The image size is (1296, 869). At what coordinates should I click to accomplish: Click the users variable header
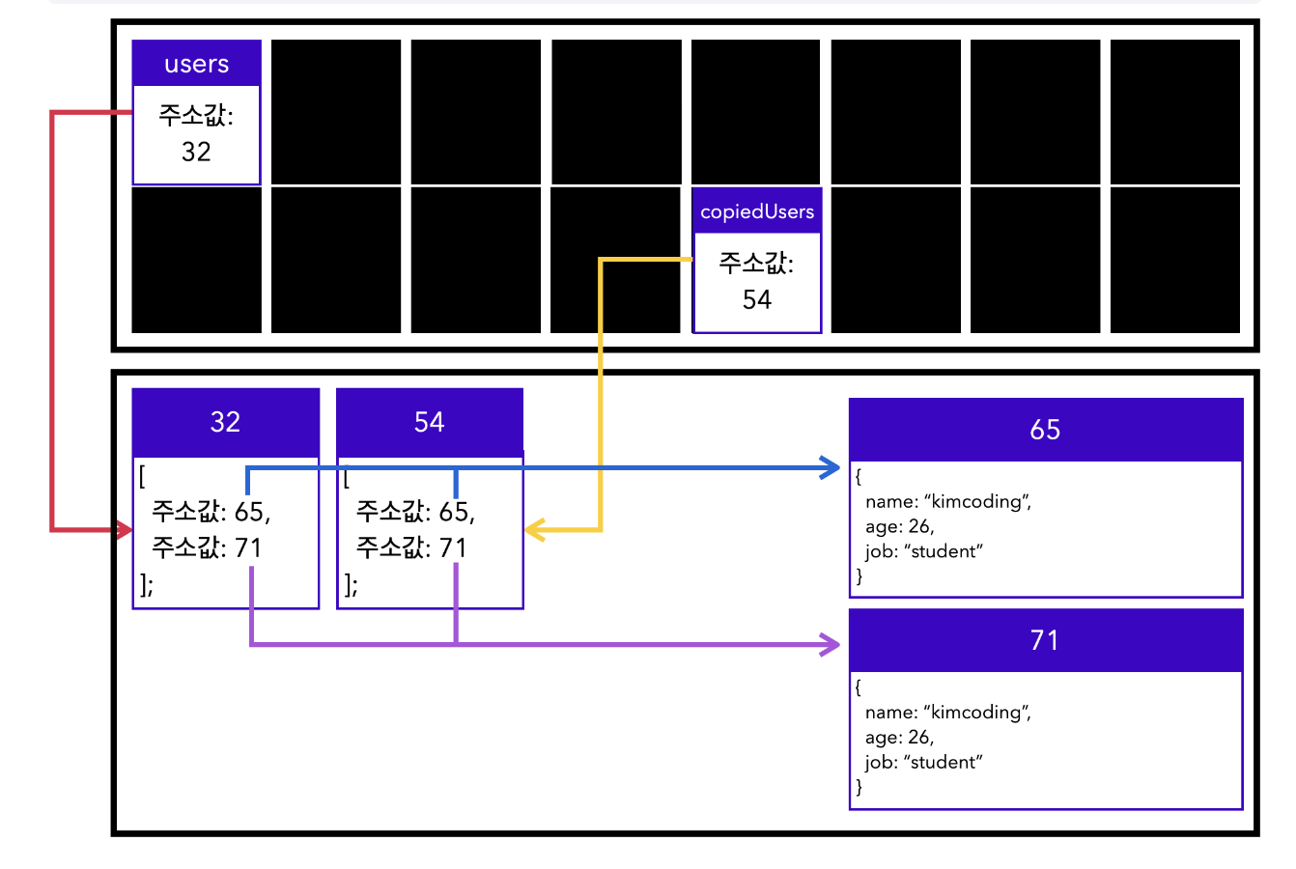196,64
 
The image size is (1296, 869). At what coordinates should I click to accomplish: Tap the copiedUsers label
757,211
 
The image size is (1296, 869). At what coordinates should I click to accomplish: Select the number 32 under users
196,152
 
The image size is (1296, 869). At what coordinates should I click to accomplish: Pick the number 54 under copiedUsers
757,299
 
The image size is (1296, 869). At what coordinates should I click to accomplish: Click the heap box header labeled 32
225,422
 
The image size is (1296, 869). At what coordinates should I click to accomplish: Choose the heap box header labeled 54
429,422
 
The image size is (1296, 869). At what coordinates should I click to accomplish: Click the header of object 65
1045,430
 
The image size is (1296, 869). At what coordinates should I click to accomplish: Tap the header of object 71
1045,640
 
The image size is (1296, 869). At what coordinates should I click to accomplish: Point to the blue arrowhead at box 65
831,468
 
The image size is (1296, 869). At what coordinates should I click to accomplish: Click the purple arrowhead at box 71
831,644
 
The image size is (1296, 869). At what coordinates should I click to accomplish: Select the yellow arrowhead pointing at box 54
534,530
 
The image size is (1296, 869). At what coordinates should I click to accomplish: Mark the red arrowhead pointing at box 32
125,530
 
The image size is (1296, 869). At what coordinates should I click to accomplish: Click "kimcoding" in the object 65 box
977,502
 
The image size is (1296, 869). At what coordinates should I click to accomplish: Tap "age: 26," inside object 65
899,527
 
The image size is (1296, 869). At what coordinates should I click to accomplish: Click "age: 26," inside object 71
899,738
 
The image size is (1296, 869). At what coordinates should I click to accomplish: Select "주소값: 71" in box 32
207,548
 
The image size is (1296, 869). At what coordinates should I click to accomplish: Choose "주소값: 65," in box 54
415,512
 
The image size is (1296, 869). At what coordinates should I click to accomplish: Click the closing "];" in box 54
351,584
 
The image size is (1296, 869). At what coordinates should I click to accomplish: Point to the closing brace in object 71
859,787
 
